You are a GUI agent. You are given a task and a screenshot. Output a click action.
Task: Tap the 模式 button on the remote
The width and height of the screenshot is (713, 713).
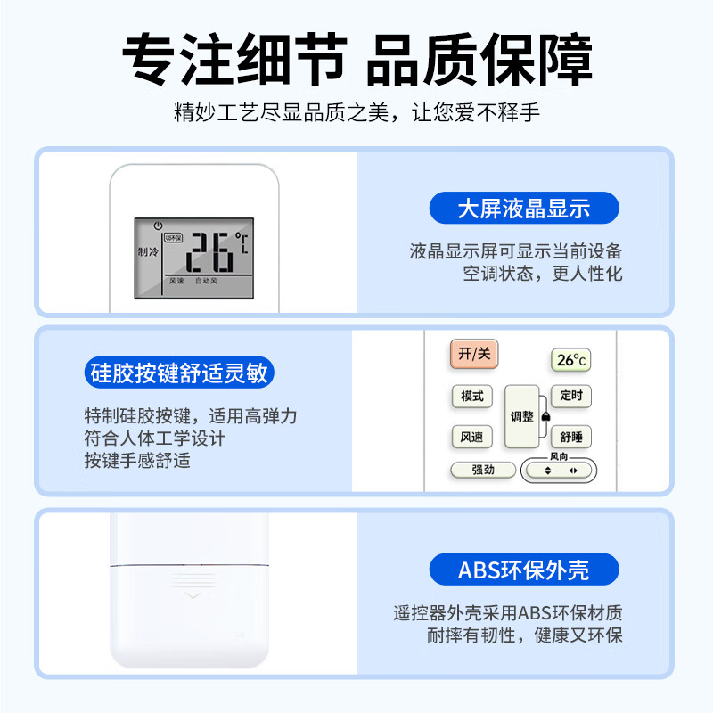tap(471, 396)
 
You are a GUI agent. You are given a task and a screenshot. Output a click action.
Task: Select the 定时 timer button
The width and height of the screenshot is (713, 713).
tap(570, 396)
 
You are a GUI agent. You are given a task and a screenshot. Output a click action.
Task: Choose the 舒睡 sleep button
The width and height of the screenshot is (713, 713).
tap(570, 437)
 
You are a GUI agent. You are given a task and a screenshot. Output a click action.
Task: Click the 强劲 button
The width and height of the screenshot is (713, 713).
tap(483, 470)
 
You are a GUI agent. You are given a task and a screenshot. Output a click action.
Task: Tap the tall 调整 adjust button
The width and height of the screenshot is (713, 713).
tap(521, 416)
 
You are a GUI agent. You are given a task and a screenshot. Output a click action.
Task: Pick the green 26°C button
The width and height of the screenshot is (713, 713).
tap(570, 360)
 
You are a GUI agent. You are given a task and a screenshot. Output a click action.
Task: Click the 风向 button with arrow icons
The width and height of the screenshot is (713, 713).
tap(560, 470)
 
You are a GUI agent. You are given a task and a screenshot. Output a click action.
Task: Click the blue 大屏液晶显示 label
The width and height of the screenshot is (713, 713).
tap(524, 209)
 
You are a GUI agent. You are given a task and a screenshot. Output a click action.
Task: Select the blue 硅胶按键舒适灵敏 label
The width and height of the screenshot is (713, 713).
tap(178, 373)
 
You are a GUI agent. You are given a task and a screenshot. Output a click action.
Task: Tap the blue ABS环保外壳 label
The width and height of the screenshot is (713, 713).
tap(524, 570)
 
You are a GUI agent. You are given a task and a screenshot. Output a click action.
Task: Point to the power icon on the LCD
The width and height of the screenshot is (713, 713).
tap(158, 225)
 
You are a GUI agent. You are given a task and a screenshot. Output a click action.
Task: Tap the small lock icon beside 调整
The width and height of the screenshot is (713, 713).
tap(545, 416)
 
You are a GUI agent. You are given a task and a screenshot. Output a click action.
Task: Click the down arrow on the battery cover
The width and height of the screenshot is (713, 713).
tap(189, 594)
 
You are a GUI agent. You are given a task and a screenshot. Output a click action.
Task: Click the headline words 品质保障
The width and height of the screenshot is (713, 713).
tap(479, 61)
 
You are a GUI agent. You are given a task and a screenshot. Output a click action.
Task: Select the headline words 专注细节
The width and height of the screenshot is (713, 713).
tap(234, 61)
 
